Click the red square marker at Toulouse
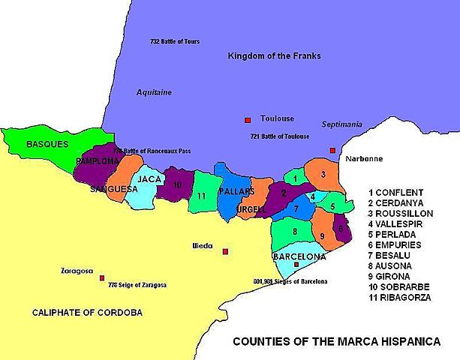pyautogui.click(x=246, y=120)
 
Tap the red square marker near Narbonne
pyautogui.click(x=332, y=150)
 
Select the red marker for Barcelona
pyautogui.click(x=296, y=265)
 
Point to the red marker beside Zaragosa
pyautogui.click(x=102, y=277)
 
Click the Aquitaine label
pyautogui.click(x=154, y=92)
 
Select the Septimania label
pyautogui.click(x=342, y=124)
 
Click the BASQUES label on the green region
pyautogui.click(x=47, y=143)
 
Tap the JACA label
pyautogui.click(x=150, y=179)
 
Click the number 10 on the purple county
pyautogui.click(x=177, y=184)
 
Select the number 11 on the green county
pyautogui.click(x=202, y=196)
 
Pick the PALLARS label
pyautogui.click(x=237, y=192)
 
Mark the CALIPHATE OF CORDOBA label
pyautogui.click(x=87, y=312)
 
